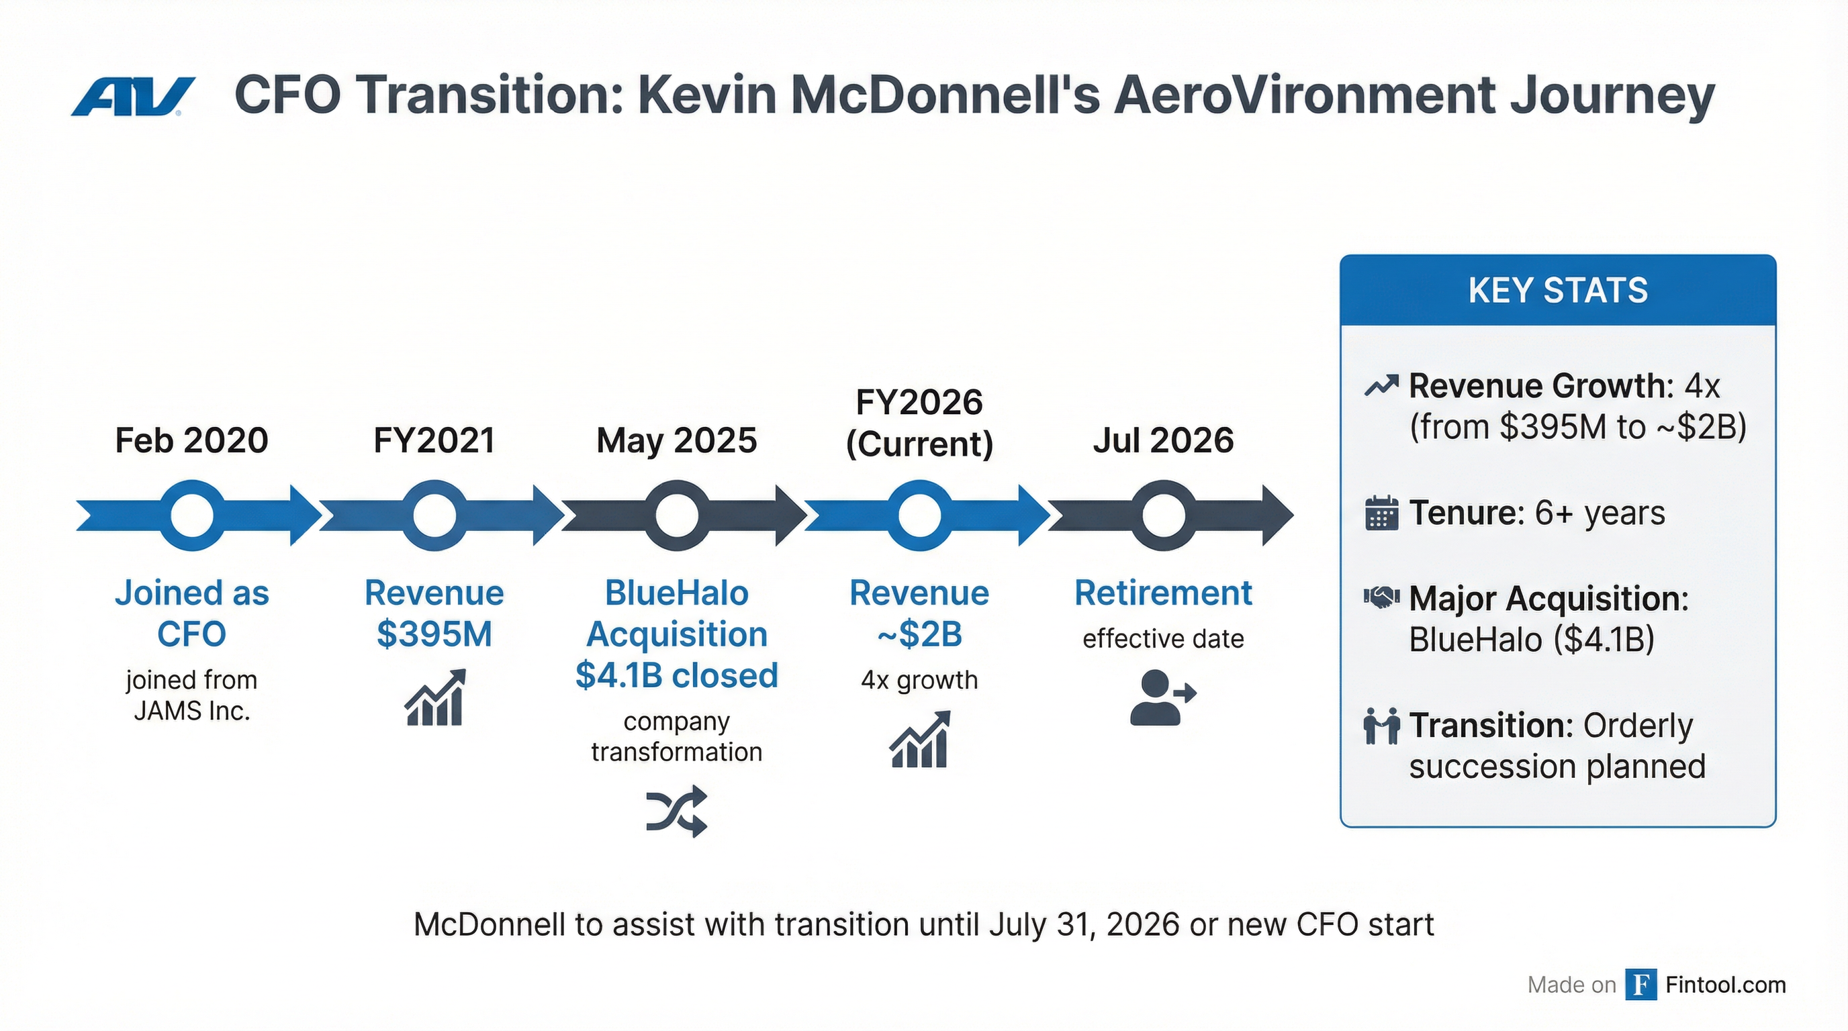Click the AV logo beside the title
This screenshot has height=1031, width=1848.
click(133, 97)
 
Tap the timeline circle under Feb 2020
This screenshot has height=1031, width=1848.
click(191, 515)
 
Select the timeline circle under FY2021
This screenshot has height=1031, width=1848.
click(434, 515)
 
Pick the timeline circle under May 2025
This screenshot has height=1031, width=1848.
click(676, 515)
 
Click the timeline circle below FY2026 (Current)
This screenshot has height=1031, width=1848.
click(920, 515)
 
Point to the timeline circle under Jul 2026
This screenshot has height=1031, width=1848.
click(1163, 515)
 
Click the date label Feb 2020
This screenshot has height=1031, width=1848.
click(191, 440)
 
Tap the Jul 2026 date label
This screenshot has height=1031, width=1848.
click(1163, 440)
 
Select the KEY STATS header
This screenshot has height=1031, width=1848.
click(1557, 291)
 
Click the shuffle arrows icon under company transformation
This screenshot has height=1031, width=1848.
click(676, 812)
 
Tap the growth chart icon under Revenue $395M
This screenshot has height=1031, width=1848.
click(434, 697)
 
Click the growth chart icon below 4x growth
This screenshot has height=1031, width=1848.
click(920, 739)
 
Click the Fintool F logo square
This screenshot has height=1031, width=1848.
click(1641, 985)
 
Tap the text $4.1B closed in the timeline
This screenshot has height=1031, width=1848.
click(676, 675)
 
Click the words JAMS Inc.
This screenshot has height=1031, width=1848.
click(191, 711)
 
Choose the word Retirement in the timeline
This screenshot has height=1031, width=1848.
click(1163, 593)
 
